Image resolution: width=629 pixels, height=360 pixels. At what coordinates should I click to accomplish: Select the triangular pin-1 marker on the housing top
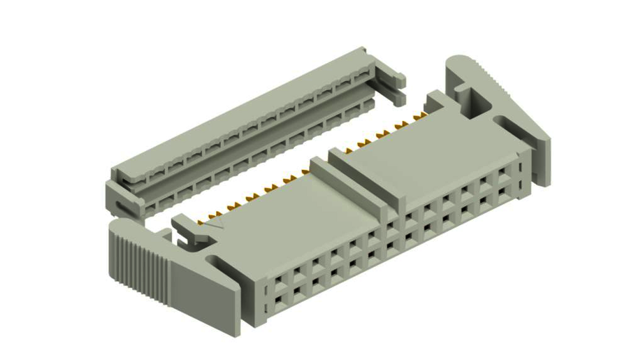[219, 225]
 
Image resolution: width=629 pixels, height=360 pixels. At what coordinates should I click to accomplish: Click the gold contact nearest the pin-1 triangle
[209, 219]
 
